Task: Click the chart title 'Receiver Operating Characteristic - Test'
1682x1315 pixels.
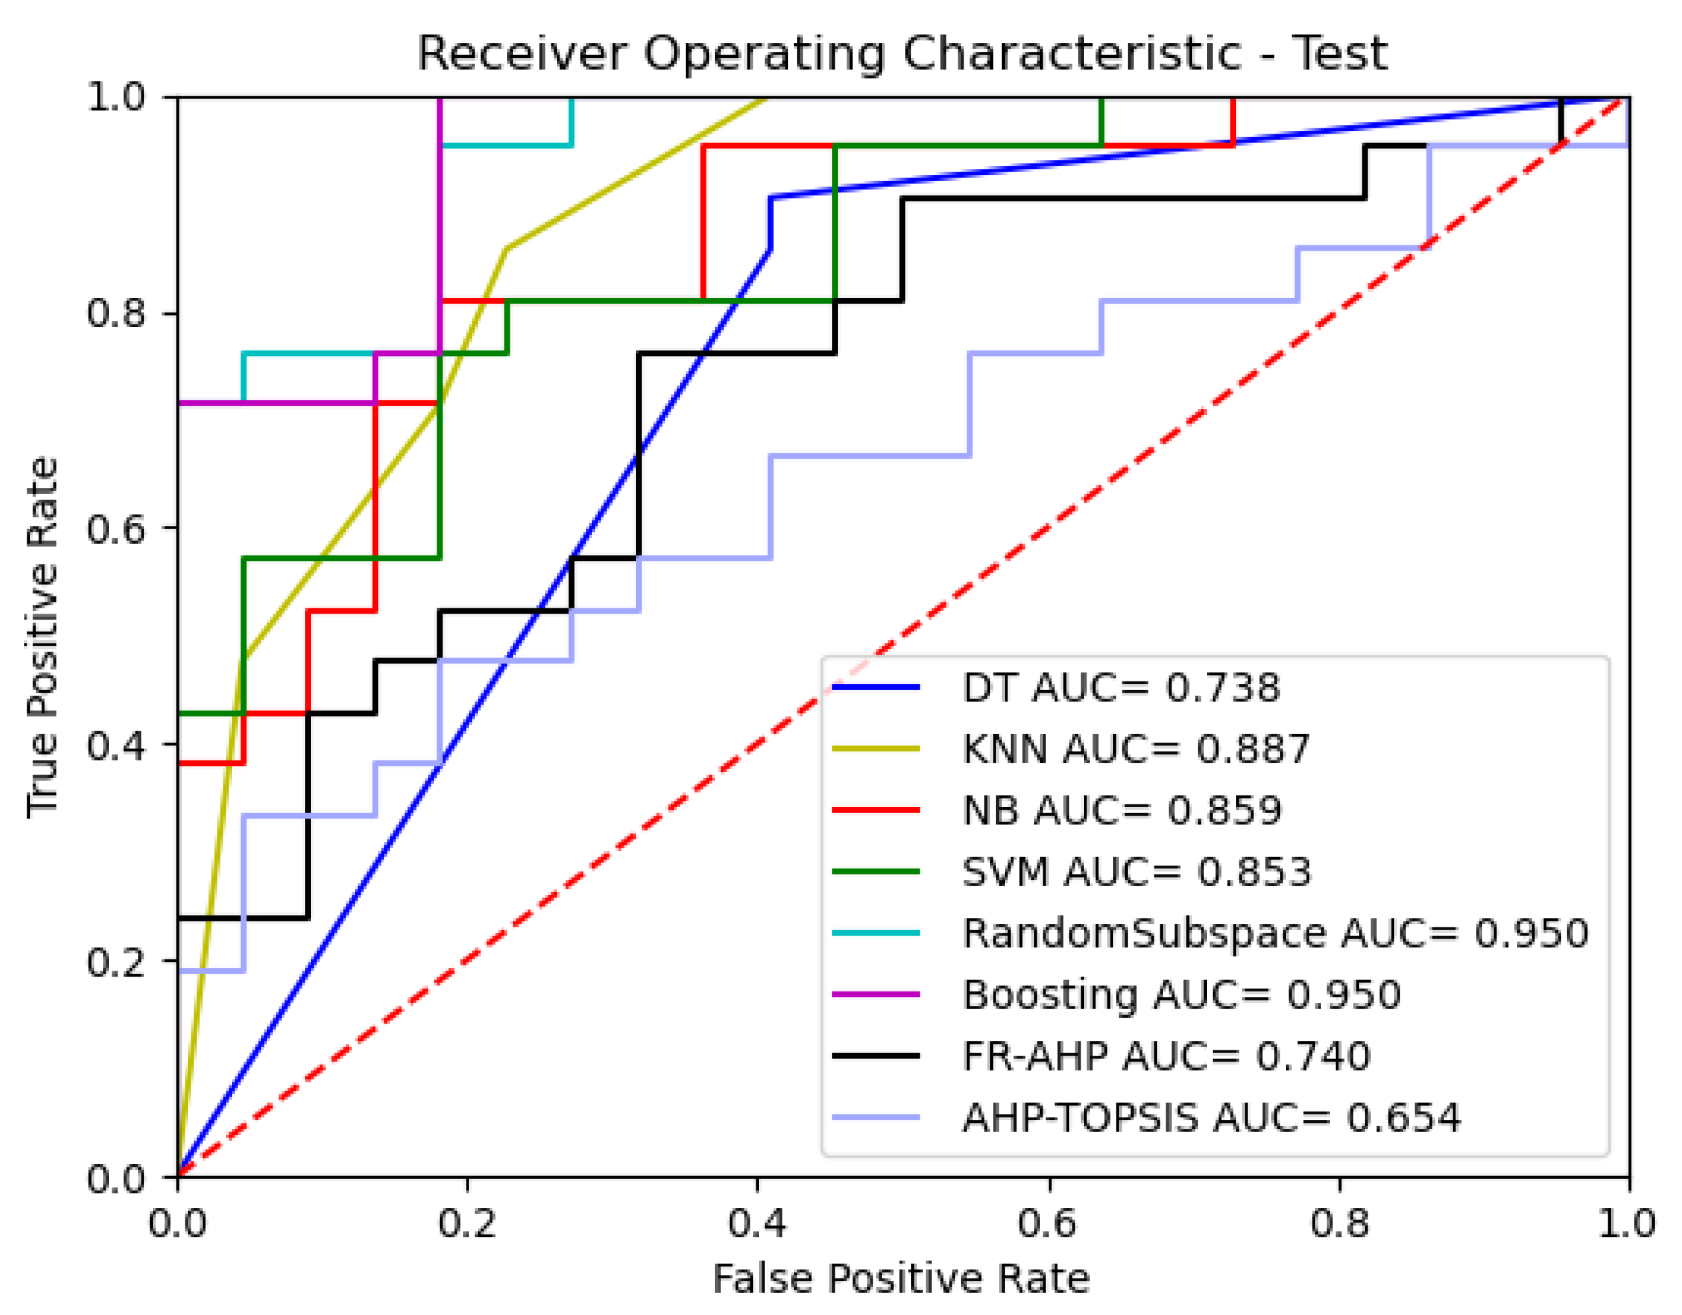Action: point(902,54)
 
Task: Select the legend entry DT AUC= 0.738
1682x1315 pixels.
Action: point(1120,688)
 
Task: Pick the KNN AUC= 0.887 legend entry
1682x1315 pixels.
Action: point(1136,749)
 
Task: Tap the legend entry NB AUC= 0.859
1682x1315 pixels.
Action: point(1122,810)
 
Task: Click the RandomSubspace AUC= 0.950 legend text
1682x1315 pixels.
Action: point(1275,933)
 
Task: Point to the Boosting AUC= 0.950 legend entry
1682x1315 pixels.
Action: point(1182,995)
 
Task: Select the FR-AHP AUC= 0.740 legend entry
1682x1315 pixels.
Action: point(1167,1056)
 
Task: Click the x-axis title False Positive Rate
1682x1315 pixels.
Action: point(901,1280)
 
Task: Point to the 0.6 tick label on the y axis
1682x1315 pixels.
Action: point(116,529)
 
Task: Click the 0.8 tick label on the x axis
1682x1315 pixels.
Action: point(1339,1223)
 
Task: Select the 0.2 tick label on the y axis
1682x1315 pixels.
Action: point(116,961)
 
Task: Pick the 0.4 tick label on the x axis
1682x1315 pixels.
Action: point(758,1223)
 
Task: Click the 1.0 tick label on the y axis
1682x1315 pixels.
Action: point(116,97)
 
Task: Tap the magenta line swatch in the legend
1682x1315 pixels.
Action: point(877,995)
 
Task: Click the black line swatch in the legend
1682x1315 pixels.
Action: point(877,1056)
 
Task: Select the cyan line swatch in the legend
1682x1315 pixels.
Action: point(877,933)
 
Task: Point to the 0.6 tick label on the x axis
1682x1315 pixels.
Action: point(1048,1223)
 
